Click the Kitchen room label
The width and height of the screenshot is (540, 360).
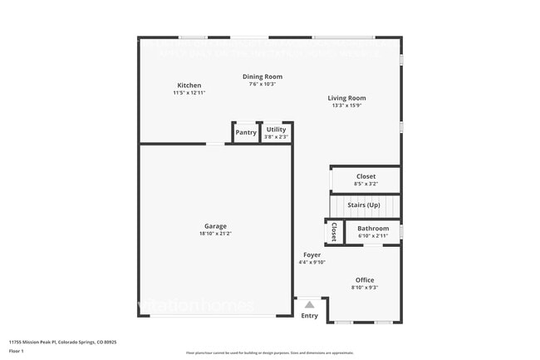tap(189, 86)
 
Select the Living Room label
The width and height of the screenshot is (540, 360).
tap(348, 98)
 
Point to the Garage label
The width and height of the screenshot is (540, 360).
tap(215, 226)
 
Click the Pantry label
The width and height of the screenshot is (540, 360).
tap(246, 132)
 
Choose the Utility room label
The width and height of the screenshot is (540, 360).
tap(276, 130)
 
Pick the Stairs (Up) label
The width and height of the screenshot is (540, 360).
tap(364, 205)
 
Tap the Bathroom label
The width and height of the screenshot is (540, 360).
tap(373, 229)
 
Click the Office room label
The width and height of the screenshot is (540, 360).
tap(365, 280)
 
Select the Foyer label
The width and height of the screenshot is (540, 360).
tap(312, 255)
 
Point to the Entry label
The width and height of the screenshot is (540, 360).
tap(309, 316)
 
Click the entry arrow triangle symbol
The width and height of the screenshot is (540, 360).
tap(309, 305)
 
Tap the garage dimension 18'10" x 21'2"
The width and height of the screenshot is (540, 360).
tap(214, 234)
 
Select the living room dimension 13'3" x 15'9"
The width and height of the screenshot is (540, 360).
tap(348, 106)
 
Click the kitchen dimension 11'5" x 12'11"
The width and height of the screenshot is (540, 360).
tap(189, 93)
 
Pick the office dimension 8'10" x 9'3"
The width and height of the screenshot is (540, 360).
tap(365, 288)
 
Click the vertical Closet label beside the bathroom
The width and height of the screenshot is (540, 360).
tap(333, 231)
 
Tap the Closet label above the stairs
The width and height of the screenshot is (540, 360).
tap(366, 176)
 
